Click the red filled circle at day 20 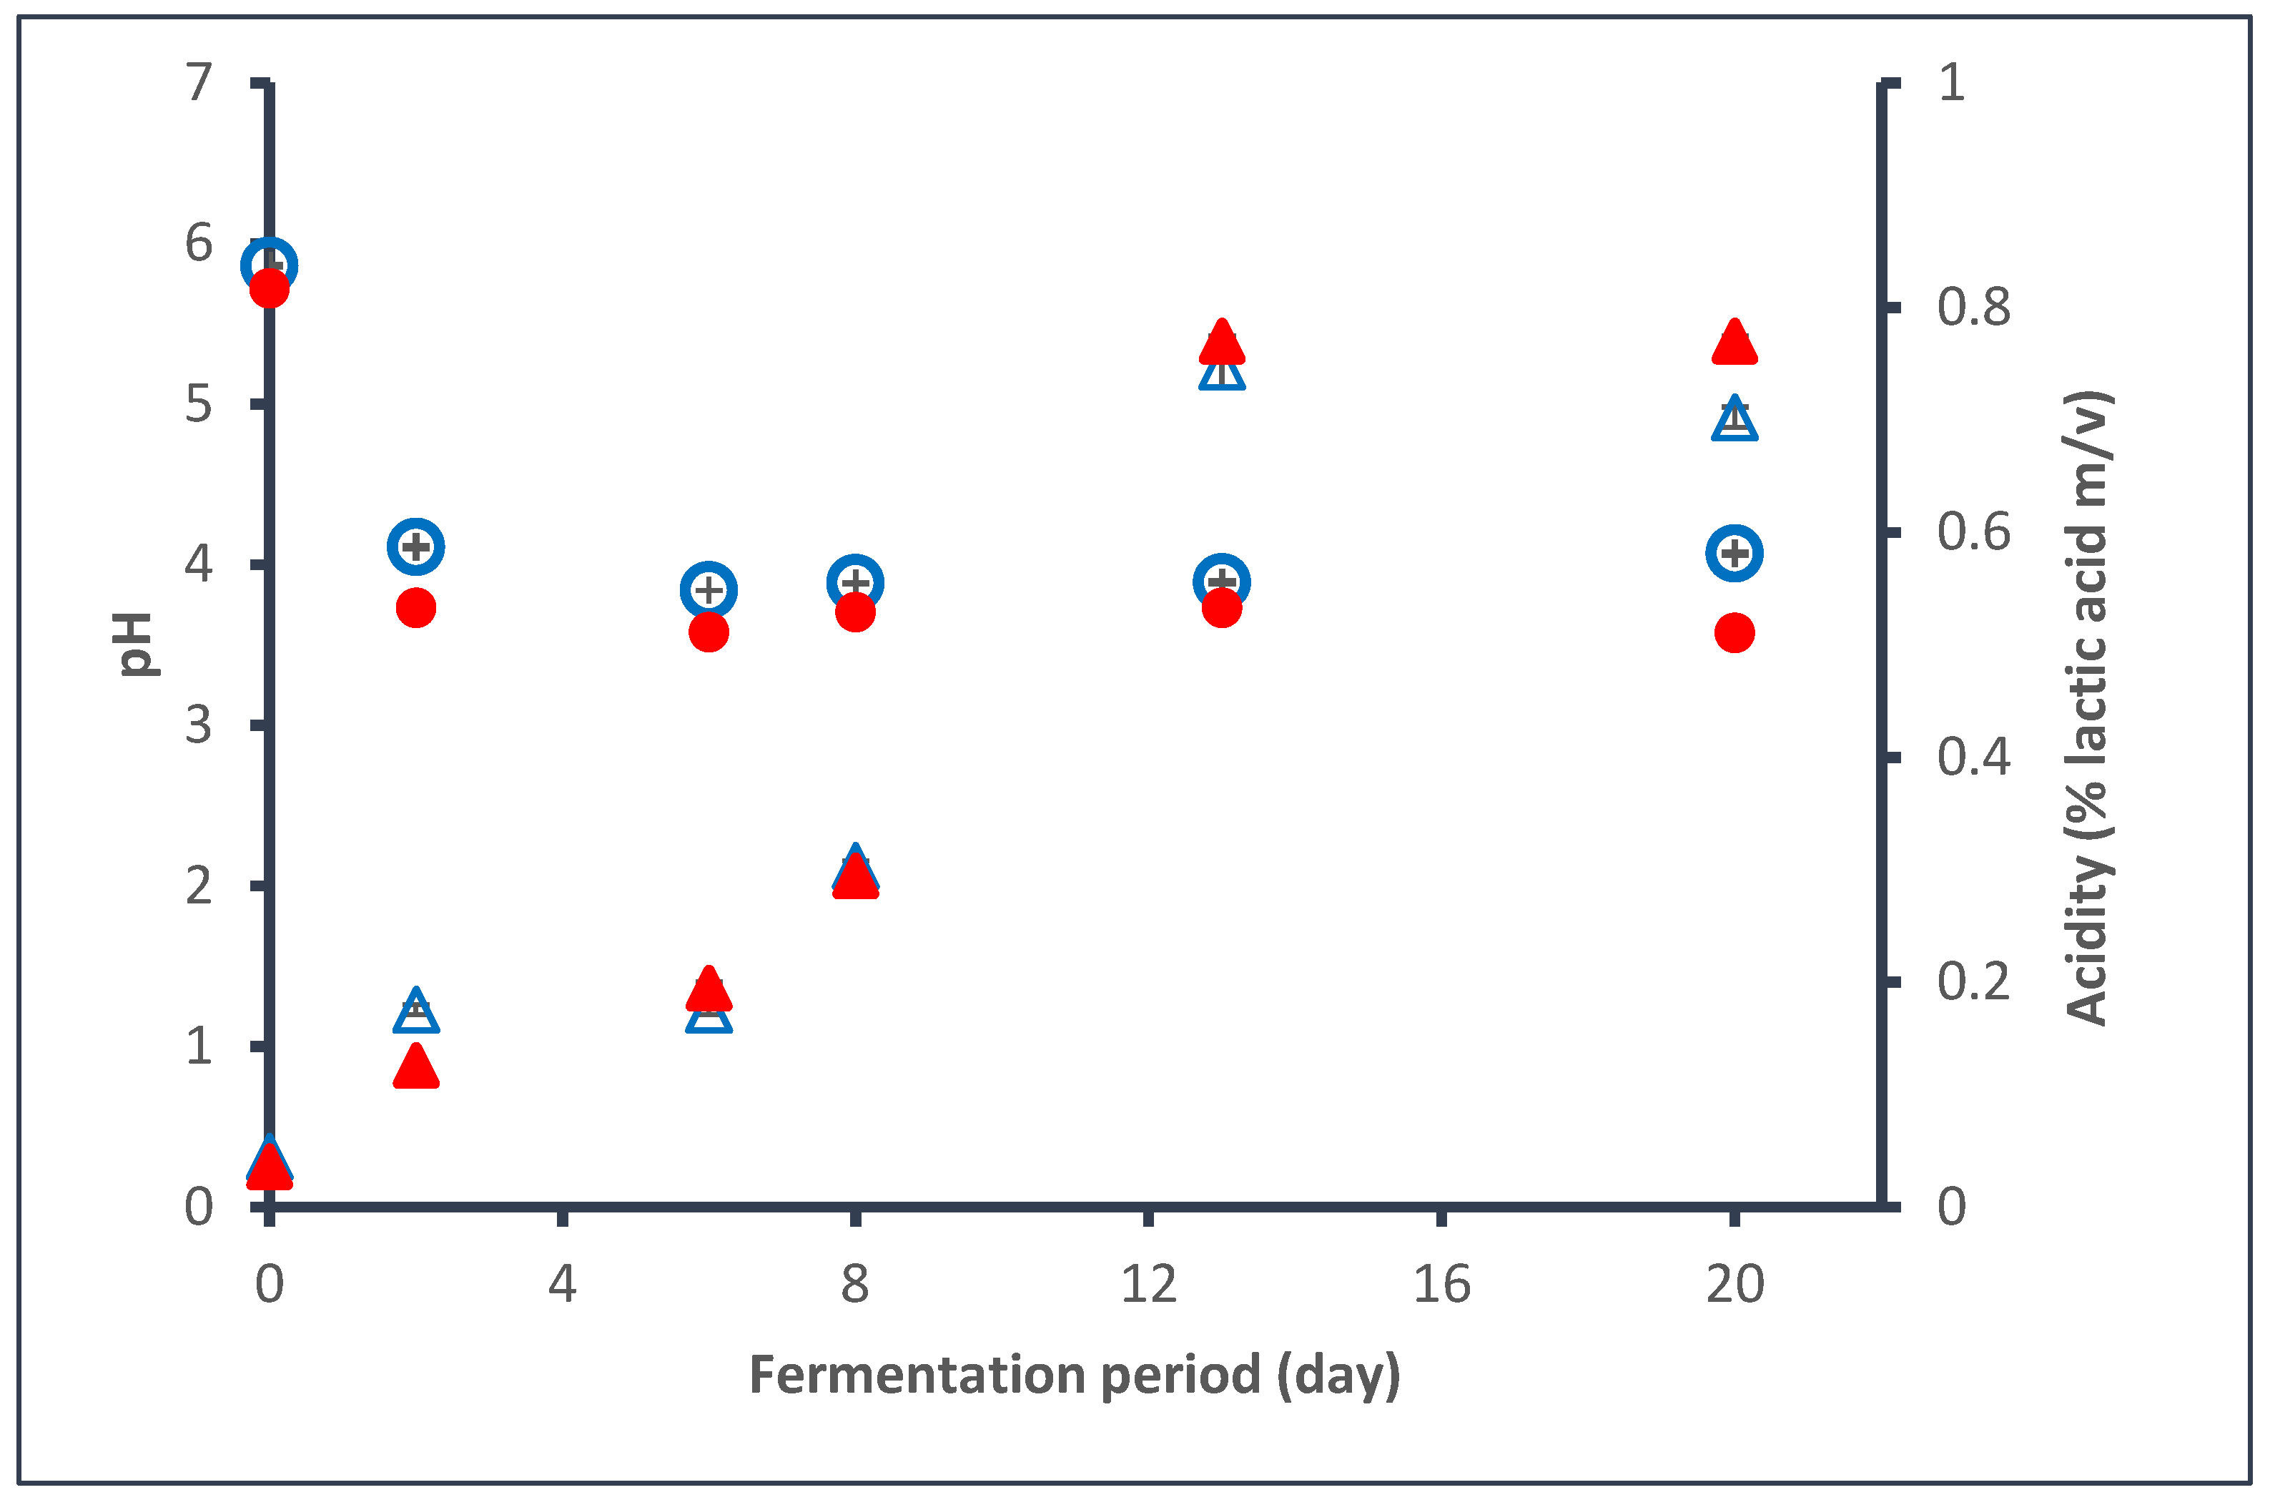click(x=1734, y=632)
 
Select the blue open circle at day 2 click(x=415, y=546)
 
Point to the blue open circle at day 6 click(x=708, y=589)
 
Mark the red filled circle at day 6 click(x=708, y=632)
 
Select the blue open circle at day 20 click(x=1734, y=552)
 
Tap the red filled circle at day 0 click(x=269, y=287)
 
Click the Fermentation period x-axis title click(x=1074, y=1375)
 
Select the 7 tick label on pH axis click(x=198, y=82)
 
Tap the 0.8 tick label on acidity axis click(x=1973, y=307)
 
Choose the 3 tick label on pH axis click(x=198, y=725)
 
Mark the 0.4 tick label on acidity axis click(x=1973, y=757)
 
